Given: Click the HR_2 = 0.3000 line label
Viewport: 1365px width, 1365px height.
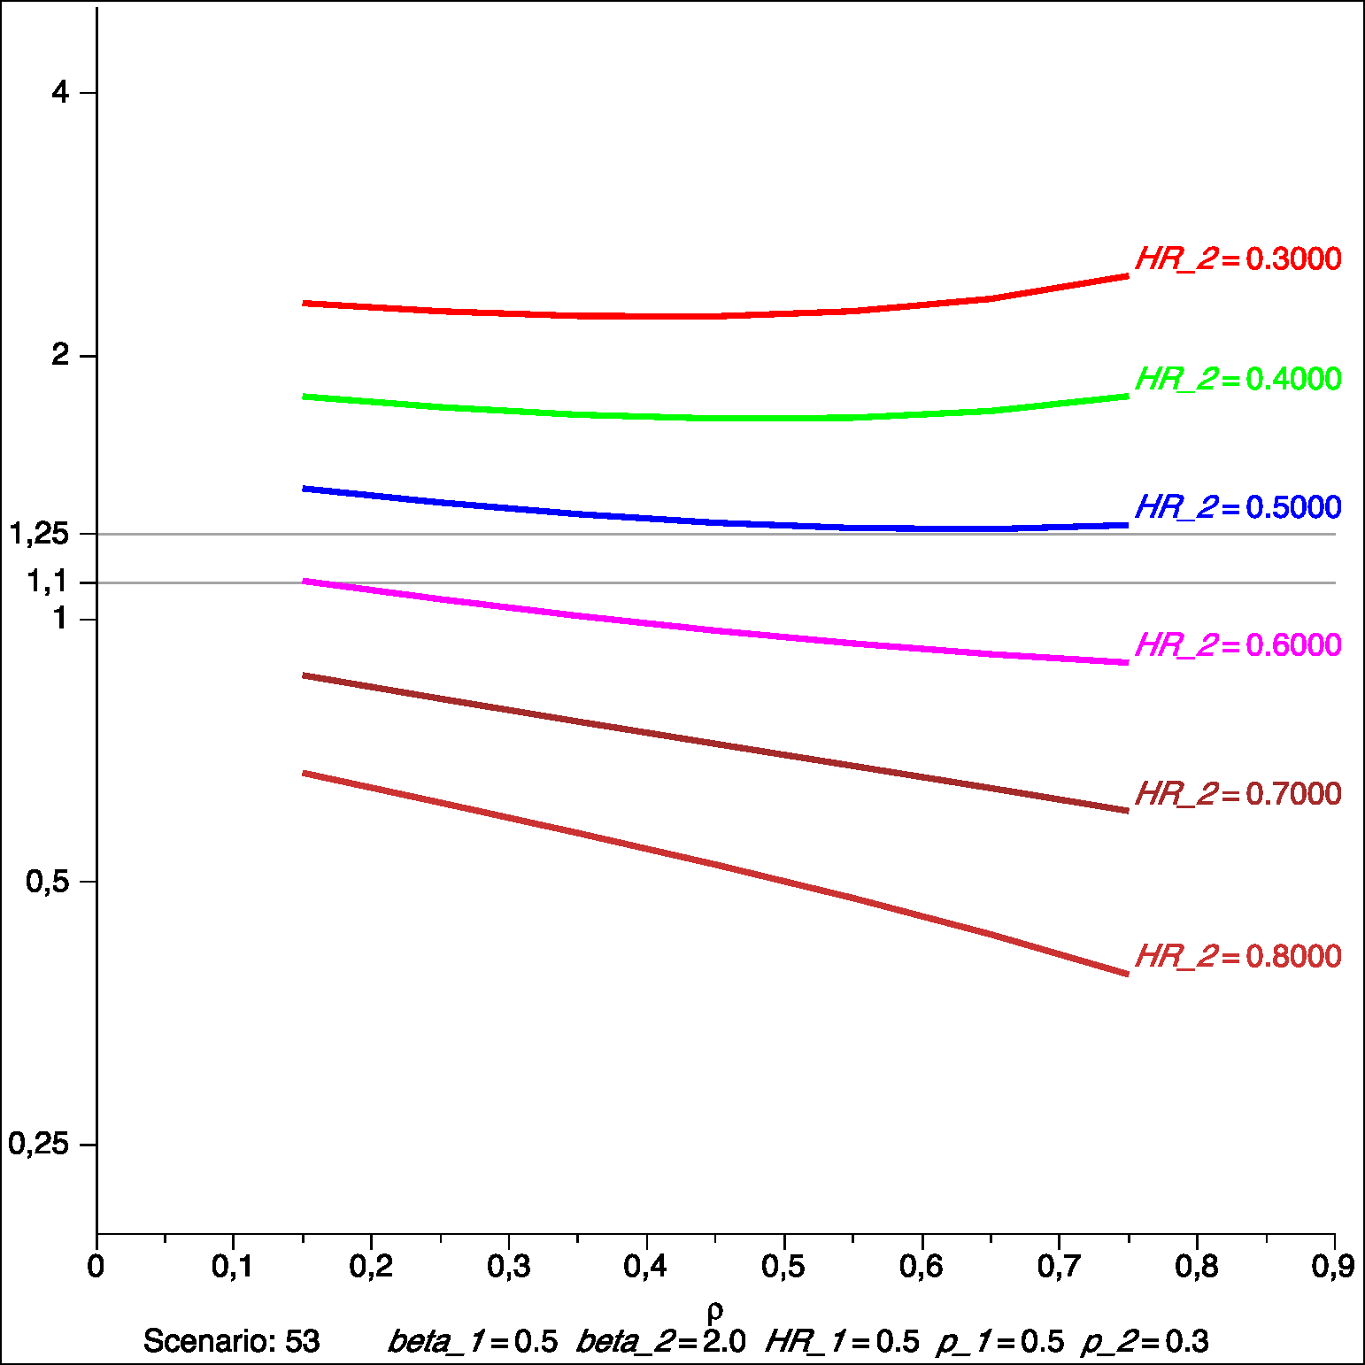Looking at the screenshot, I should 1238,259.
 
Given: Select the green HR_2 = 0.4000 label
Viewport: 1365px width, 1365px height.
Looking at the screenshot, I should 1238,379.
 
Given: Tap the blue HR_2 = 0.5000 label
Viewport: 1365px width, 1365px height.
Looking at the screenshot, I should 1238,507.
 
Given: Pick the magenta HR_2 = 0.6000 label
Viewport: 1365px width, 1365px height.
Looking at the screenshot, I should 1238,645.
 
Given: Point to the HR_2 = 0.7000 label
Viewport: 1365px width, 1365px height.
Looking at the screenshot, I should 1238,794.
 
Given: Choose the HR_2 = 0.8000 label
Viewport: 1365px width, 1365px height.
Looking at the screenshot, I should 1238,957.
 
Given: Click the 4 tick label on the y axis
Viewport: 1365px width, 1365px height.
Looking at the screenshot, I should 60,92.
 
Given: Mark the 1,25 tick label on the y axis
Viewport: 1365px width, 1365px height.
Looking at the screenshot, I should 39,534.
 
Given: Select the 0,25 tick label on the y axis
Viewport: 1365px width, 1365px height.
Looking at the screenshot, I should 39,1144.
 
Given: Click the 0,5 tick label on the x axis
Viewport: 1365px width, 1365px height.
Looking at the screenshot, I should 783,1267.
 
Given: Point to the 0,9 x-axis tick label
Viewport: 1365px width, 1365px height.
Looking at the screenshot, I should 1333,1267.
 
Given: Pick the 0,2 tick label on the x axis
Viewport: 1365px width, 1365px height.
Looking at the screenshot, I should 371,1267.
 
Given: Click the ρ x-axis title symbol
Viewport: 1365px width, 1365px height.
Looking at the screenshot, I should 715,1310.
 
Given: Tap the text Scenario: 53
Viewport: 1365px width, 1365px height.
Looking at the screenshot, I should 232,1341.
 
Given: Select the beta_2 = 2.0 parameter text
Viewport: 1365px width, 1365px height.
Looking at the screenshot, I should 660,1342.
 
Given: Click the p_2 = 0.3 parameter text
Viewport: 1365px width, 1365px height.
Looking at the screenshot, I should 1145,1342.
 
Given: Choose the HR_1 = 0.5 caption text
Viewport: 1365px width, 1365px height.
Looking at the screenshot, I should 842,1342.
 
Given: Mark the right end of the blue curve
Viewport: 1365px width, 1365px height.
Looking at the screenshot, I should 1127,526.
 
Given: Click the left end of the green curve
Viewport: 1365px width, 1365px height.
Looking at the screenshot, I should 305,397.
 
